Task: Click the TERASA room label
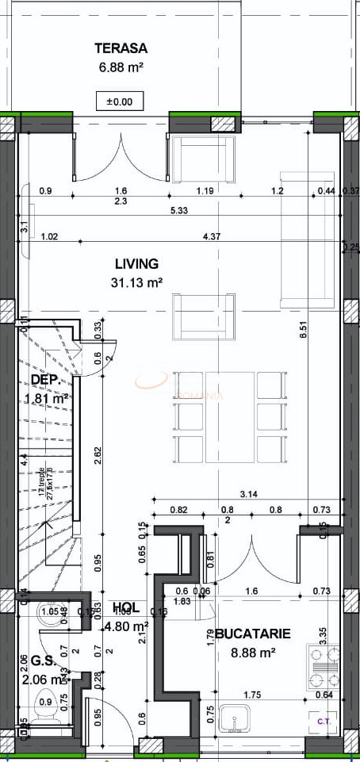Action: click(121, 48)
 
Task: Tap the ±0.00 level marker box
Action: click(120, 101)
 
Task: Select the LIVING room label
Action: click(136, 264)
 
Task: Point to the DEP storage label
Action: click(45, 381)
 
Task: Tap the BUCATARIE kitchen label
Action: click(252, 634)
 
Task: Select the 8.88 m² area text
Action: click(252, 653)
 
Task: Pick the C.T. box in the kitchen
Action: click(324, 721)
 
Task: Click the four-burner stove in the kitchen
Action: click(324, 668)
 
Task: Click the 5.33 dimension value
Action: click(179, 210)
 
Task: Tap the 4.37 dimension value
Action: click(212, 236)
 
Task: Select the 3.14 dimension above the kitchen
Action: click(250, 493)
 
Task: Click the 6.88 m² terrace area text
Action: click(121, 68)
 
